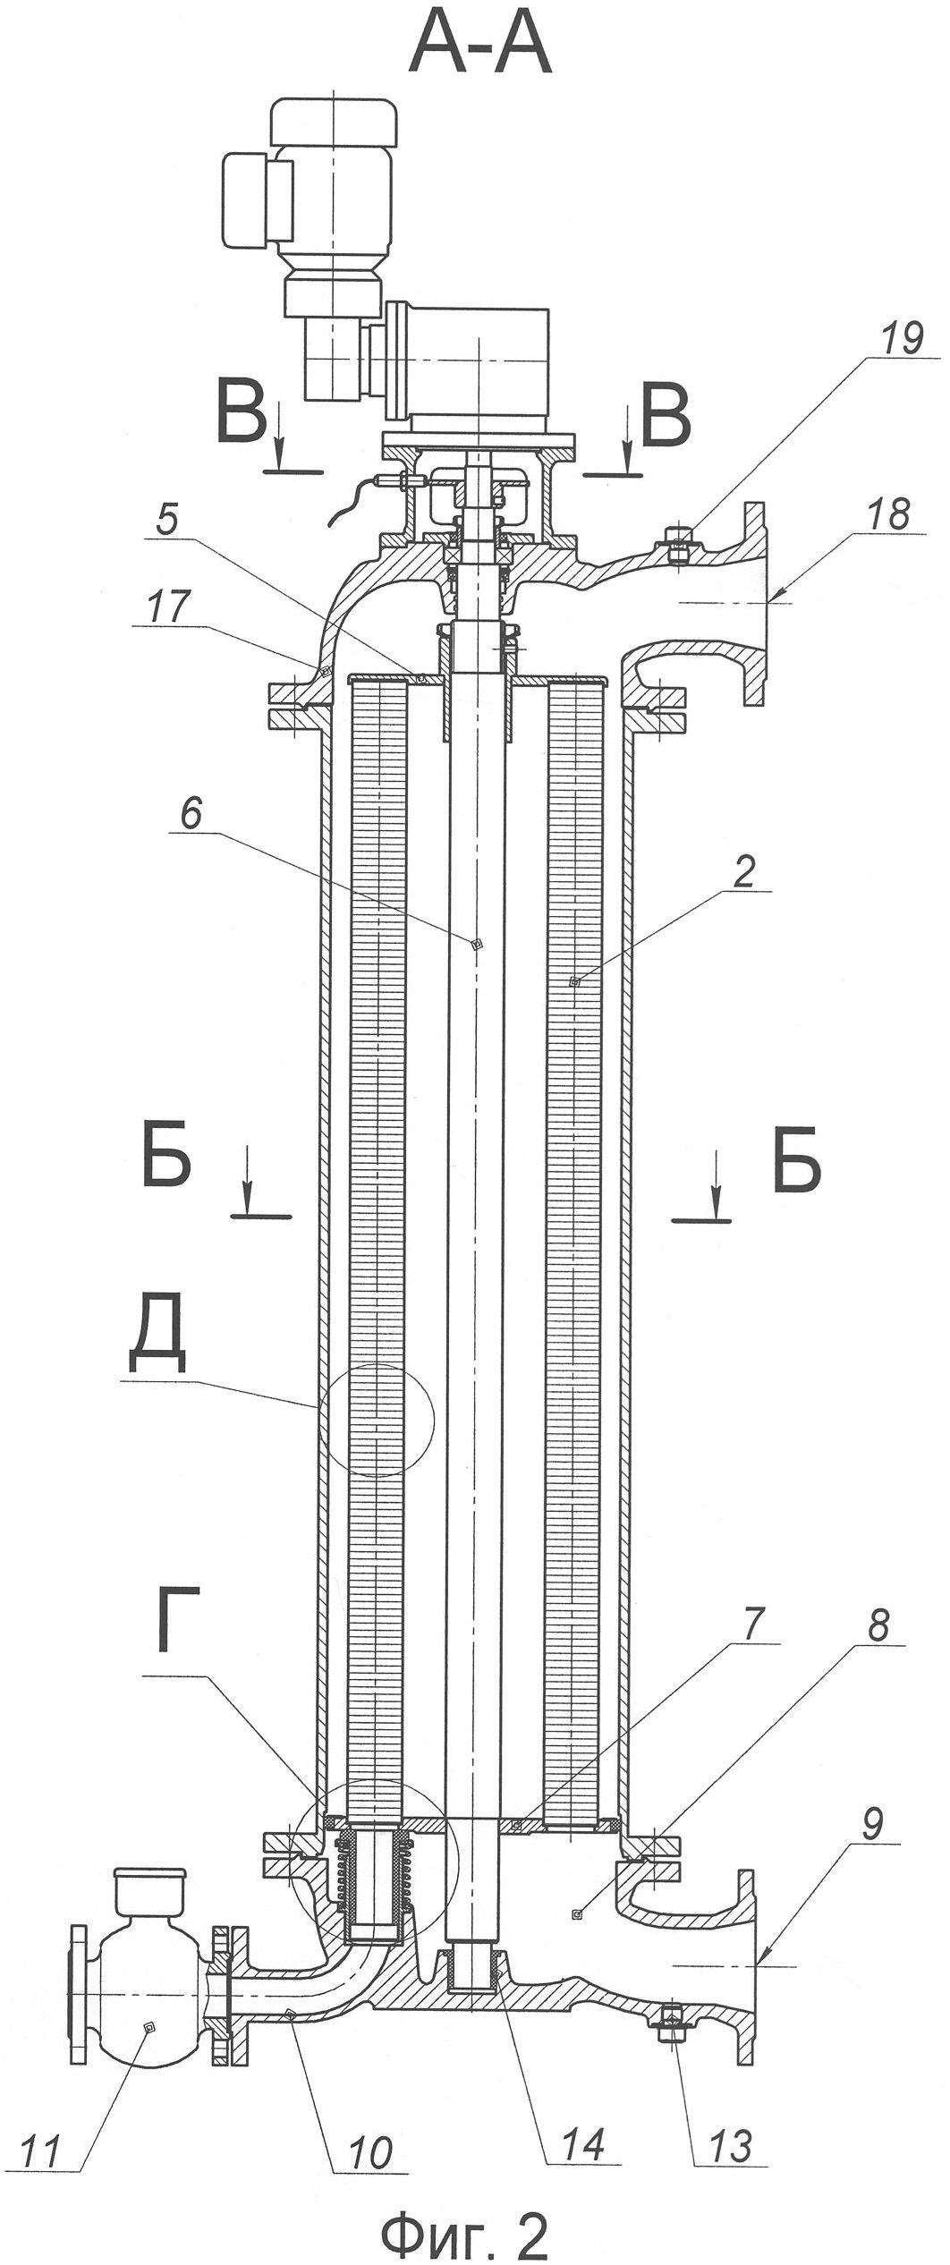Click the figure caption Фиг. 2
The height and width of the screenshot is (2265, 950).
(464, 2228)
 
